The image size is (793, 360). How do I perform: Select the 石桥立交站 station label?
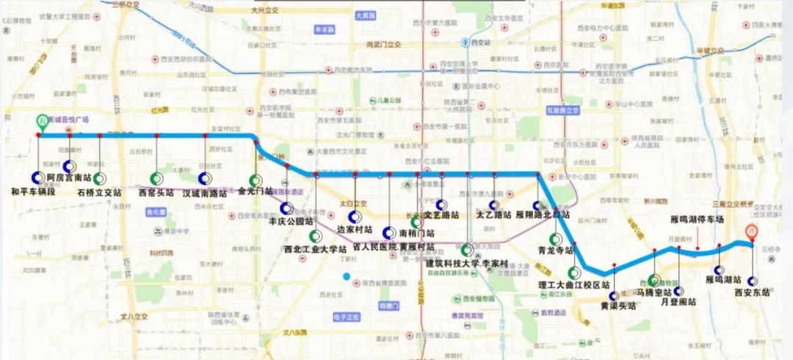98,192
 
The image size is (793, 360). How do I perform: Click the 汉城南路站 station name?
205,193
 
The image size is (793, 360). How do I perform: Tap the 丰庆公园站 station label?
291,220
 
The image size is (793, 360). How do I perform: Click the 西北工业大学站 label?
315,249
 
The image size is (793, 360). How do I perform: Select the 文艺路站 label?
441,215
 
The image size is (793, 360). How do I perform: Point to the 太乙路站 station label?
493,216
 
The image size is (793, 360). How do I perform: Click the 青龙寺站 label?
555,249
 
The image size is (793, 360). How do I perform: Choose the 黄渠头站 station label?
614,306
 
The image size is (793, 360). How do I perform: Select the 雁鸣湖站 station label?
720,280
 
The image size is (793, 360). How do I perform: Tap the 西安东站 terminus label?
752,292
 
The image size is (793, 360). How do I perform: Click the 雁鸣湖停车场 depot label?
698,220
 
